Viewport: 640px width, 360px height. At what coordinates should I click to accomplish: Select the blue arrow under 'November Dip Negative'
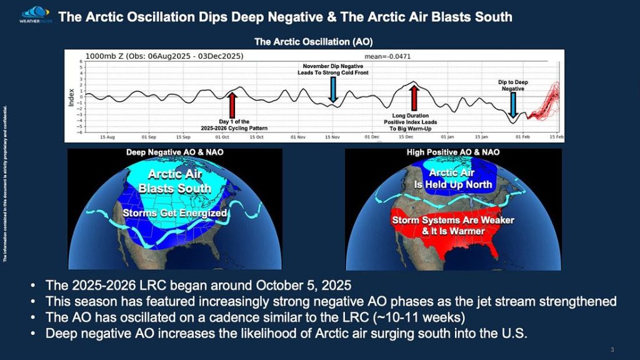pyautogui.click(x=333, y=91)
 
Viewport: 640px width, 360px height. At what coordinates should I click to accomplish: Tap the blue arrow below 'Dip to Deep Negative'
pyautogui.click(x=513, y=104)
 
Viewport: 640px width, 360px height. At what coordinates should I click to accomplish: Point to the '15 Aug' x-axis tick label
pyautogui.click(x=107, y=136)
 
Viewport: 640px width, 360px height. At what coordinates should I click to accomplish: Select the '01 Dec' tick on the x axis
pyautogui.click(x=372, y=136)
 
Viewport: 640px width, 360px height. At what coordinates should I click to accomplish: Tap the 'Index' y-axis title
pyautogui.click(x=71, y=97)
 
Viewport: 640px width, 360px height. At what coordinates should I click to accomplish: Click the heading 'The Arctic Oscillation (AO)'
pyautogui.click(x=314, y=42)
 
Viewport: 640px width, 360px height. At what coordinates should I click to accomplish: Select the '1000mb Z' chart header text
pyautogui.click(x=106, y=56)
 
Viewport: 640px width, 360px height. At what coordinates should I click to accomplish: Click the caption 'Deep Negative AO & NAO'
pyautogui.click(x=175, y=152)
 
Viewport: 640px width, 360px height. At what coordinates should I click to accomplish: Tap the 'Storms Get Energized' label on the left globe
pyautogui.click(x=175, y=214)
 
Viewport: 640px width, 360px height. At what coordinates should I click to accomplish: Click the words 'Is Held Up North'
pyautogui.click(x=452, y=185)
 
